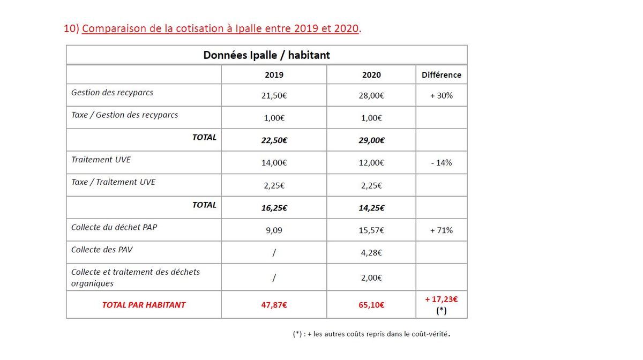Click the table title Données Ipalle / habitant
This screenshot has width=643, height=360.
[266, 55]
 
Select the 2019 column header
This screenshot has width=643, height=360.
[274, 75]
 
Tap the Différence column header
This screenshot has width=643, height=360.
[441, 75]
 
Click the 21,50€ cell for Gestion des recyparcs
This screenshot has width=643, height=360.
[274, 95]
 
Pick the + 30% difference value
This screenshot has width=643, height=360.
[441, 95]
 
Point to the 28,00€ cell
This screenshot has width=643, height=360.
[371, 95]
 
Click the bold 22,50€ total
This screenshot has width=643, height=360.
[274, 140]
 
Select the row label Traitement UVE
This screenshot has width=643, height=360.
[101, 159]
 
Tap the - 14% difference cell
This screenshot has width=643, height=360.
[441, 163]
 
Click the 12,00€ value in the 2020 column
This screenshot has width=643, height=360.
[371, 163]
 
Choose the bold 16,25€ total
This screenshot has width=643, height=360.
[274, 208]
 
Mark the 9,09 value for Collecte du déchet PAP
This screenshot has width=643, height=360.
[274, 230]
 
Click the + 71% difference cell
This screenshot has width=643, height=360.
[441, 230]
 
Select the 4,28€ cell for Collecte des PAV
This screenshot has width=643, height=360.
[371, 253]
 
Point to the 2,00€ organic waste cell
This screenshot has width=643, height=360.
[371, 277]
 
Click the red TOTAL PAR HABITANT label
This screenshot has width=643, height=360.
[144, 305]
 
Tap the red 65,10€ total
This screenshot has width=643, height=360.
[371, 305]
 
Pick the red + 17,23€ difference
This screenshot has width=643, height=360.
[441, 299]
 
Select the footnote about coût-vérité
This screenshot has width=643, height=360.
[371, 334]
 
